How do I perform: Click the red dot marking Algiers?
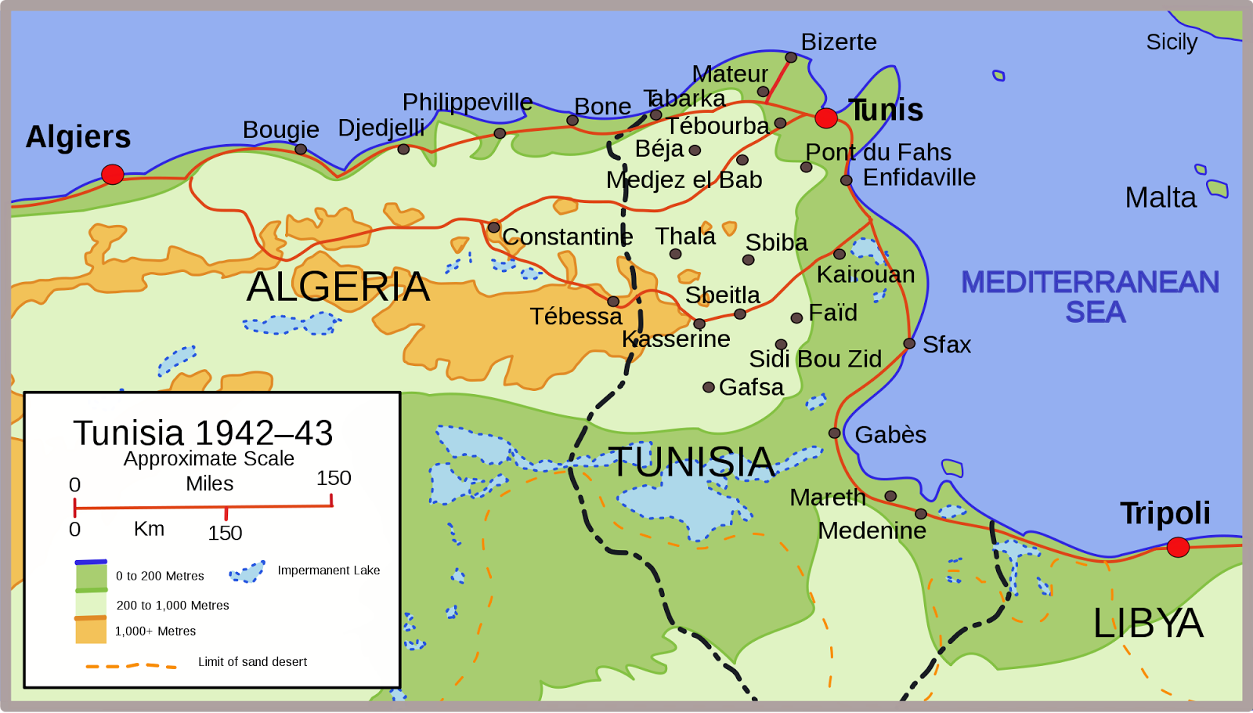pyautogui.click(x=113, y=174)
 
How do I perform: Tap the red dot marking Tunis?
pyautogui.click(x=826, y=118)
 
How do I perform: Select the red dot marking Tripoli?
pyautogui.click(x=1178, y=547)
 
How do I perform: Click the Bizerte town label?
pyautogui.click(x=839, y=42)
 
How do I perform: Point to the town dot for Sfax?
pyautogui.click(x=909, y=343)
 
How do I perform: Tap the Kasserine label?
pyautogui.click(x=676, y=339)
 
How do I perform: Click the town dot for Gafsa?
pyautogui.click(x=709, y=387)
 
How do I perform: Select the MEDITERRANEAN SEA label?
pyautogui.click(x=1090, y=297)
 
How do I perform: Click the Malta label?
pyautogui.click(x=1161, y=197)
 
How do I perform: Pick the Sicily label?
pyautogui.click(x=1172, y=42)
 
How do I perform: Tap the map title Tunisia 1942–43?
pyautogui.click(x=203, y=433)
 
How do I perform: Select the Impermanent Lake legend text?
pyautogui.click(x=329, y=570)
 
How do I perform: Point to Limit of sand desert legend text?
pyautogui.click(x=252, y=662)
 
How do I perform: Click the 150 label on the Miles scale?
pyautogui.click(x=334, y=478)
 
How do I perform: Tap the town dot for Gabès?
pyautogui.click(x=835, y=433)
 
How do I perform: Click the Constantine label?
pyautogui.click(x=568, y=237)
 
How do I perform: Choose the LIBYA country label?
pyautogui.click(x=1148, y=624)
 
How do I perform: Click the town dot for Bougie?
pyautogui.click(x=301, y=149)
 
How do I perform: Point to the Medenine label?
pyautogui.click(x=872, y=531)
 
